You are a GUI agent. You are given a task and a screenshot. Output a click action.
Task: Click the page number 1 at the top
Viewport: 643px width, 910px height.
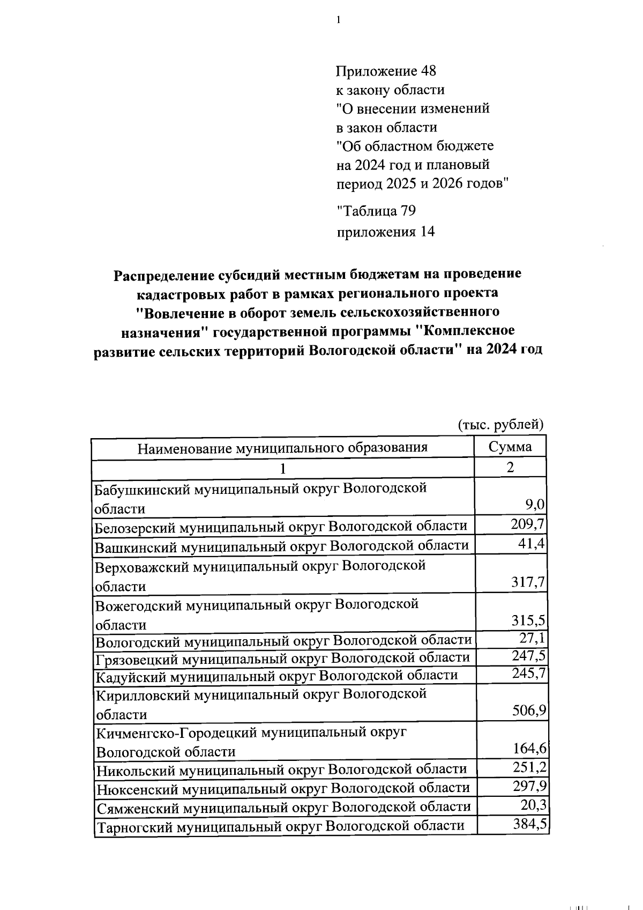click(x=338, y=20)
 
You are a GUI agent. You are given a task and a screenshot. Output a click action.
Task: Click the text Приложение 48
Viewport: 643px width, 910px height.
click(x=386, y=71)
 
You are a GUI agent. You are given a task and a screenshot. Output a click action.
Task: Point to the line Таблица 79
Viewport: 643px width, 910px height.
click(x=376, y=211)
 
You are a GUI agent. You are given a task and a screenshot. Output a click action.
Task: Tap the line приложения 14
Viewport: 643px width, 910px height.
click(x=385, y=232)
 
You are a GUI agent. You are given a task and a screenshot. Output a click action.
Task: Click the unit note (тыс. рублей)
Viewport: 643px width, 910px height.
click(x=501, y=425)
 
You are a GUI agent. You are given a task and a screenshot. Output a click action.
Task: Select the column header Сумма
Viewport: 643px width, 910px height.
click(x=510, y=447)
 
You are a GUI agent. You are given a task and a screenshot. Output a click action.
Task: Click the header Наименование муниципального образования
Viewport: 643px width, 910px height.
click(x=282, y=448)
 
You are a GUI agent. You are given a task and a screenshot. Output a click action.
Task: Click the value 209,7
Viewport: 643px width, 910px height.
click(x=528, y=524)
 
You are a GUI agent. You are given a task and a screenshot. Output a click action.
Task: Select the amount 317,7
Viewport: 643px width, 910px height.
click(x=528, y=582)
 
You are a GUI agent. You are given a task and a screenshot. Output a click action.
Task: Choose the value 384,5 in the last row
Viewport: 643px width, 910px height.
click(x=529, y=824)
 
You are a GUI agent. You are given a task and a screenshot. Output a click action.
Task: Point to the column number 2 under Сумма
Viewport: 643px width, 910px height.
click(x=510, y=468)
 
